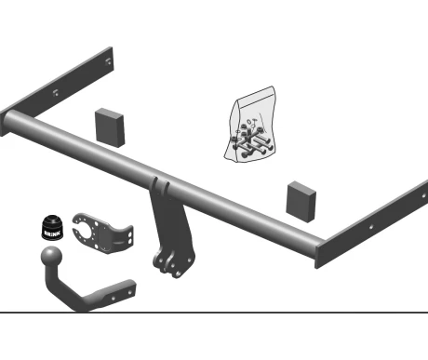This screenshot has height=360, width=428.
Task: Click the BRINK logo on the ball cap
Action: (x=52, y=233)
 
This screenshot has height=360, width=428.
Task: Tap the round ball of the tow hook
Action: (x=51, y=257)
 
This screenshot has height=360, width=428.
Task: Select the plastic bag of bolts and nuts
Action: (x=250, y=124)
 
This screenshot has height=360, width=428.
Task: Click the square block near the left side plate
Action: (x=110, y=127)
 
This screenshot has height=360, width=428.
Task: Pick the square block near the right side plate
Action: (x=301, y=202)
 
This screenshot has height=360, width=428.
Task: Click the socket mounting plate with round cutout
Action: (x=102, y=233)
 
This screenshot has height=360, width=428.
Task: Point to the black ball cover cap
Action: (x=52, y=228)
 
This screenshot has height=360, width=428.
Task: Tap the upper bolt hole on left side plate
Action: (x=108, y=61)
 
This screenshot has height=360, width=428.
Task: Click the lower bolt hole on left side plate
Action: (x=56, y=92)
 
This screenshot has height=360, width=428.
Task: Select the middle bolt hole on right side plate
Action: (x=371, y=227)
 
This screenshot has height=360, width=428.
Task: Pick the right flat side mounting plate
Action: (x=371, y=224)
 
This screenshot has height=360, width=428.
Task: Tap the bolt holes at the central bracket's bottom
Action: (x=169, y=266)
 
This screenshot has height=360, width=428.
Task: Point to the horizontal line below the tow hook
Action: (x=214, y=313)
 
